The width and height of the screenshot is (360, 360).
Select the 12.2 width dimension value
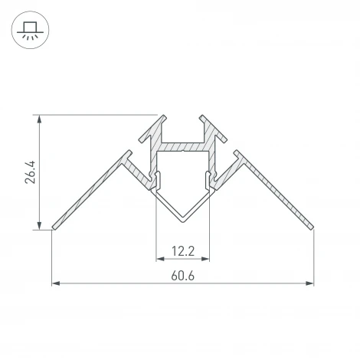point(182,250)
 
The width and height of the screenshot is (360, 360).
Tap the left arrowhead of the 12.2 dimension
point(159,259)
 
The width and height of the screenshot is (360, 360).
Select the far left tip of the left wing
point(53,227)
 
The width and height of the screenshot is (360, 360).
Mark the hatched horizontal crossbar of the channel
point(182,146)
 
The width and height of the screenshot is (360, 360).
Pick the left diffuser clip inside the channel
point(159,179)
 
